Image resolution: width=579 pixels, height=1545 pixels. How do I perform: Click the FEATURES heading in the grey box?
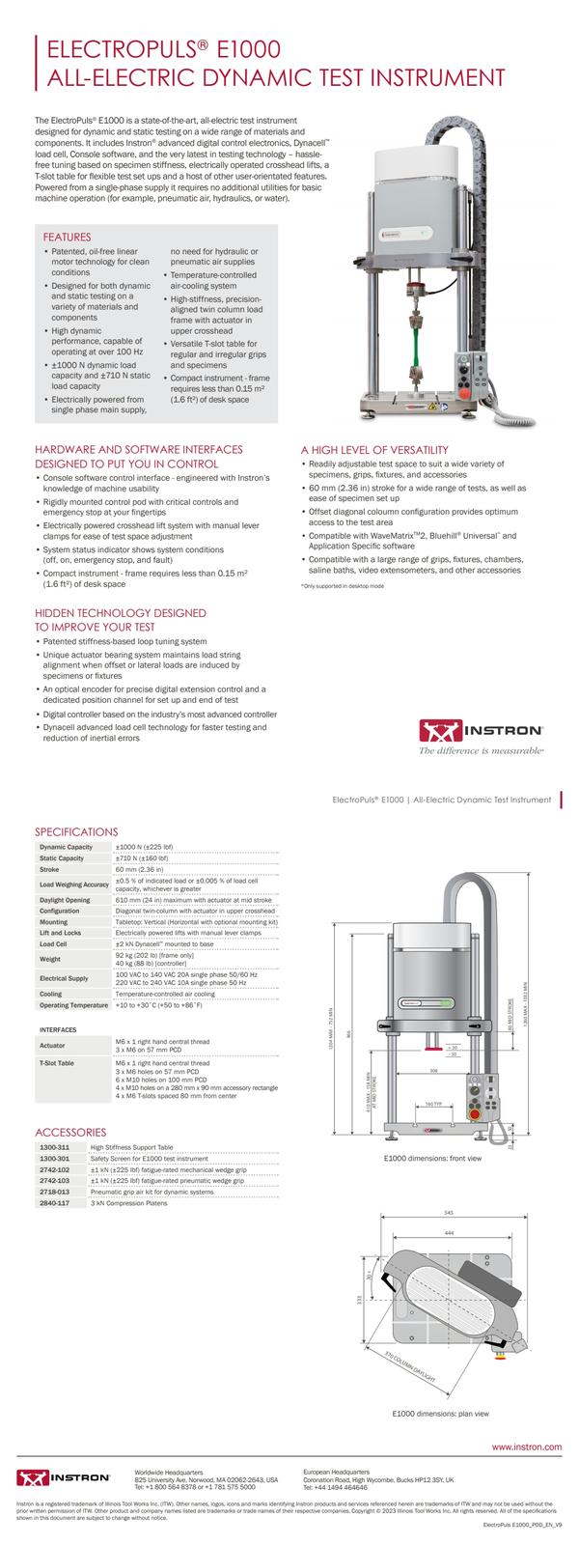(x=68, y=237)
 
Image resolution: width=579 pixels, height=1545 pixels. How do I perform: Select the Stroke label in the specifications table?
(x=49, y=869)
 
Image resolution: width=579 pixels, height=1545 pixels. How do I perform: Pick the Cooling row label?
(x=51, y=993)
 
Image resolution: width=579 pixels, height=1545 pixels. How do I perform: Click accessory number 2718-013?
(x=52, y=1193)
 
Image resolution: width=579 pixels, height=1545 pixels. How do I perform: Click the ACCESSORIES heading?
(x=70, y=1132)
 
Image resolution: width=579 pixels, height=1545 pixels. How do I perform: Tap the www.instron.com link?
(x=527, y=1447)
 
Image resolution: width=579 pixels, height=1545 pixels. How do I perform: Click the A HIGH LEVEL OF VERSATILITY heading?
(x=374, y=450)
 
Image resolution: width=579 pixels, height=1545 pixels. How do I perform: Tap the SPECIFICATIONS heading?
(x=76, y=831)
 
